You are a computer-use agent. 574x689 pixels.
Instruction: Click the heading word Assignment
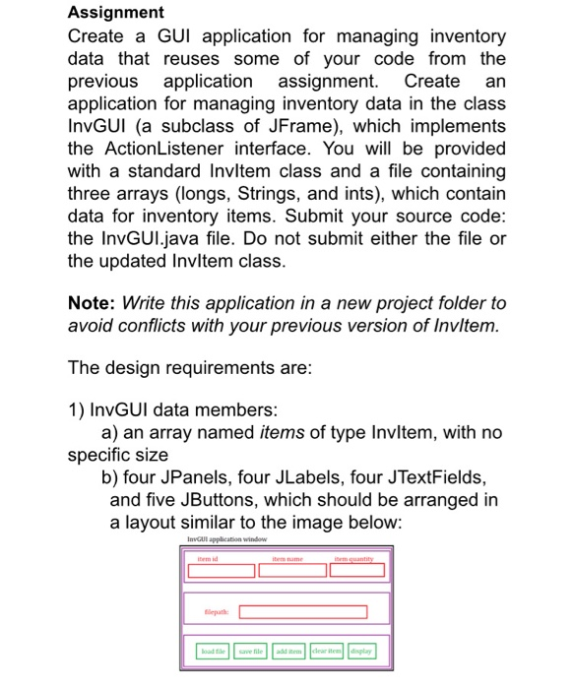116,12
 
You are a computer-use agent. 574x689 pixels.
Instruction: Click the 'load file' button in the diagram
213,650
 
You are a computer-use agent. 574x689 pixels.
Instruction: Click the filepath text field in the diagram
303,612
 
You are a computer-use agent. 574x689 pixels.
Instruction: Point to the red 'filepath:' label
218,612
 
